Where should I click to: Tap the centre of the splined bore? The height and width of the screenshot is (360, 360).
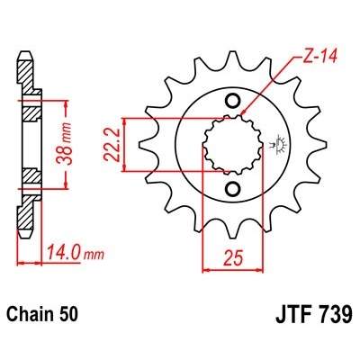click(x=231, y=144)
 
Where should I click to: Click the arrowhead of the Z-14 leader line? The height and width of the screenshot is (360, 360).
click(x=246, y=116)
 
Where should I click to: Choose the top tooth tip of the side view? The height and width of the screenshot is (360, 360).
click(x=25, y=56)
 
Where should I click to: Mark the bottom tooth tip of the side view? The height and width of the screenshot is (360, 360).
click(x=25, y=231)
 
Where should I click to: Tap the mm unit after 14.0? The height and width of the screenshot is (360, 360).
click(x=92, y=256)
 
